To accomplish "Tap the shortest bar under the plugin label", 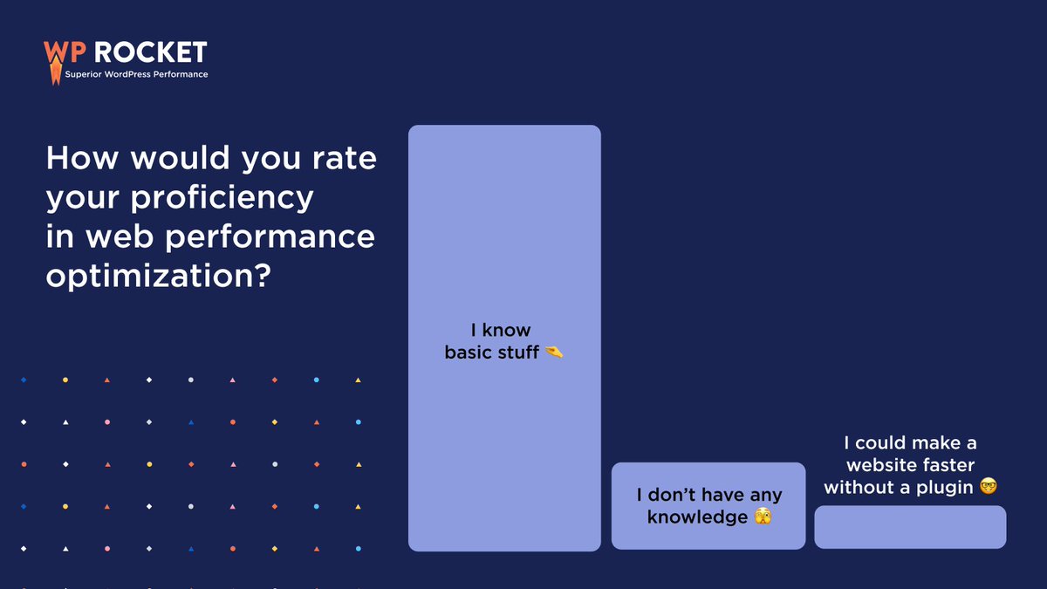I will point(910,527).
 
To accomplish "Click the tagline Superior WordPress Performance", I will point(137,75).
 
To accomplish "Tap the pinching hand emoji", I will point(554,353).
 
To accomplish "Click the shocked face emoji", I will point(763,517).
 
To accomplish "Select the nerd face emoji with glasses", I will point(988,487).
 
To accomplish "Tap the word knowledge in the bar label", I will point(697,517).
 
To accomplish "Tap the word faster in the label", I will point(947,465).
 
